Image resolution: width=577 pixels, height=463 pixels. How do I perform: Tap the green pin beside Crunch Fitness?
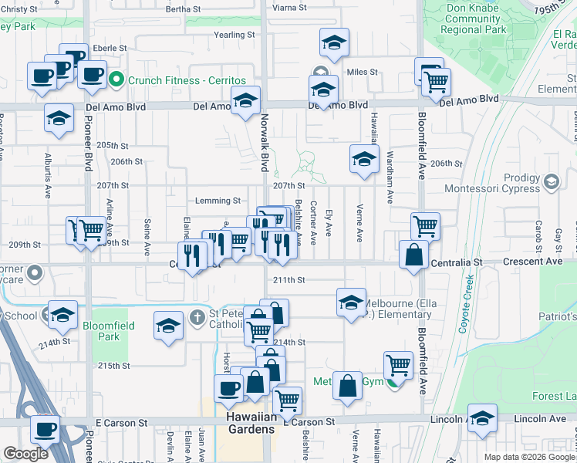(116, 79)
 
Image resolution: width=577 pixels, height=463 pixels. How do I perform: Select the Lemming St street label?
(218, 201)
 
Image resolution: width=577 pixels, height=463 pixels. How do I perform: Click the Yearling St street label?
(234, 35)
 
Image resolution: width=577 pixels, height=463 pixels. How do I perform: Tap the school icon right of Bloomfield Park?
(168, 324)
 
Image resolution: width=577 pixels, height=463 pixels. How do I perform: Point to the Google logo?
(25, 454)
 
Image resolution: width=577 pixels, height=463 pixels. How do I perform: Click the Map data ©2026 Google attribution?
(528, 457)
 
